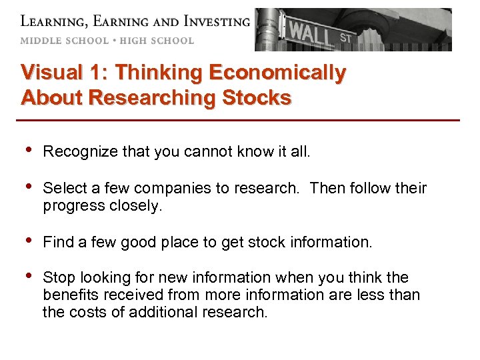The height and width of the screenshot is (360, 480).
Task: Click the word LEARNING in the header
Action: click(x=53, y=21)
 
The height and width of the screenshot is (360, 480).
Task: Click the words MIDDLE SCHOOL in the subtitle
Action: click(x=64, y=41)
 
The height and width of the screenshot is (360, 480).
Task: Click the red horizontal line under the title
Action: click(x=240, y=120)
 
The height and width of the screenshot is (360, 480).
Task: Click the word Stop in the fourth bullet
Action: click(x=57, y=277)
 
